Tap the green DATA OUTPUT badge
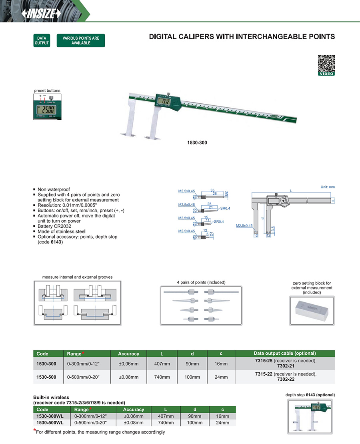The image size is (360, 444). (x=42, y=40)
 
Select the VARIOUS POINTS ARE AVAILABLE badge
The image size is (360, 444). (x=81, y=40)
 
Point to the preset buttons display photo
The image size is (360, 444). (x=47, y=107)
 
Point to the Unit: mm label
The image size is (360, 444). (x=328, y=187)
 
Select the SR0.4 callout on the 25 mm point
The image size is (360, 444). (x=226, y=209)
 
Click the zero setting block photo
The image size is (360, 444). (x=312, y=310)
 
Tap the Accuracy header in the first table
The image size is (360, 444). (x=128, y=354)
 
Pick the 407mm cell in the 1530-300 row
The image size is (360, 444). (x=162, y=364)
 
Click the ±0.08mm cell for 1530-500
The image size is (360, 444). (x=128, y=377)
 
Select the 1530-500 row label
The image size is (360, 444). (x=46, y=377)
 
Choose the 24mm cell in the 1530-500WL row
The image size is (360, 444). (x=222, y=423)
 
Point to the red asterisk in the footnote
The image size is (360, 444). (x=34, y=431)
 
